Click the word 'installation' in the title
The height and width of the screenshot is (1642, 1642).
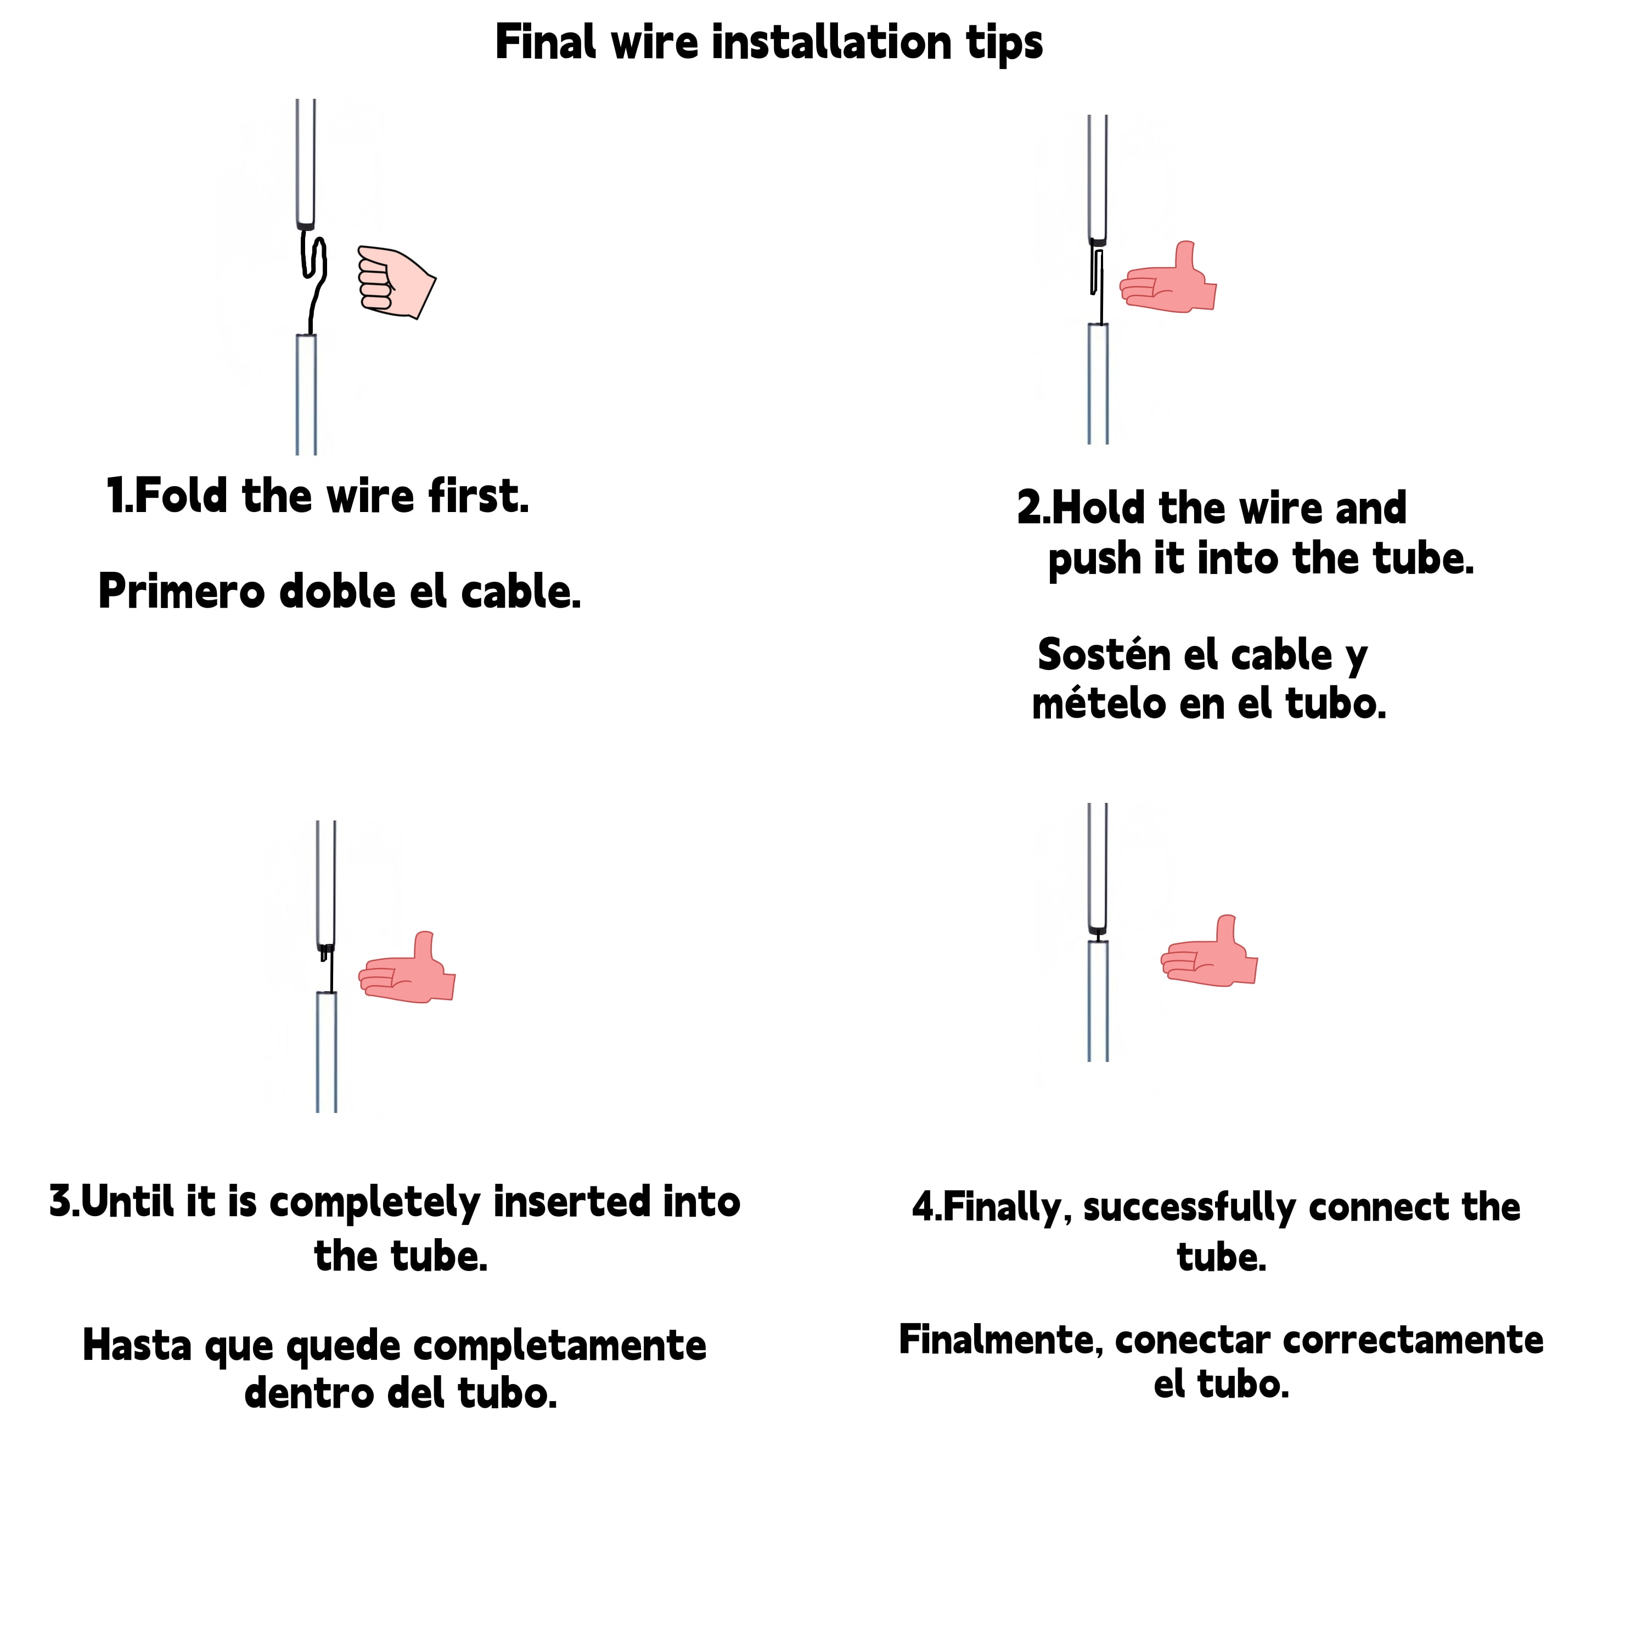(x=832, y=42)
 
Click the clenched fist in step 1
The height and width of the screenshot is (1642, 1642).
(x=395, y=282)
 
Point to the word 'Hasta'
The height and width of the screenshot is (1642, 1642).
(x=137, y=1346)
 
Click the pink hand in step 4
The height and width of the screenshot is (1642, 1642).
(x=1208, y=951)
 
